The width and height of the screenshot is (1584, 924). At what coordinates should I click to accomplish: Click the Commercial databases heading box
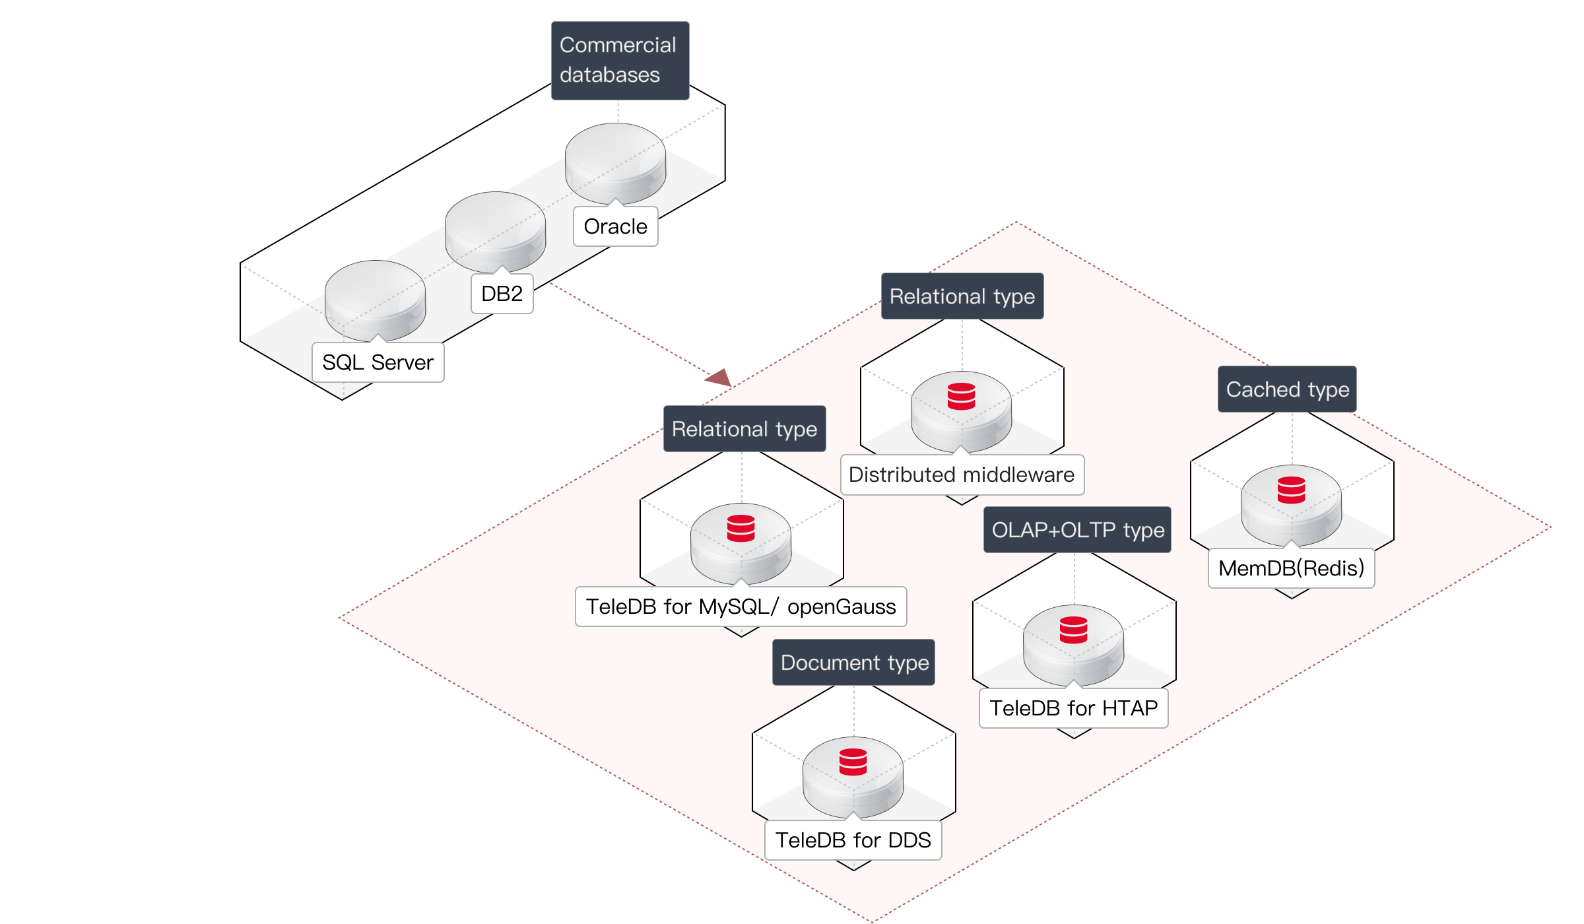click(x=620, y=60)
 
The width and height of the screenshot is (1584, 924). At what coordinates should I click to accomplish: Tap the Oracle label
click(x=615, y=226)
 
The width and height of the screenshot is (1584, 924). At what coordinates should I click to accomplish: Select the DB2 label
click(x=502, y=294)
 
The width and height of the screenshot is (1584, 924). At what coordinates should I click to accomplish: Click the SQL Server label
click(x=378, y=362)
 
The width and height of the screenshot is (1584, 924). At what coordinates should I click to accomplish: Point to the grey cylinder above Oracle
click(x=615, y=162)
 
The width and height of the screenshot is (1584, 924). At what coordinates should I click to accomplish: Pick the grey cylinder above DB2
click(x=495, y=230)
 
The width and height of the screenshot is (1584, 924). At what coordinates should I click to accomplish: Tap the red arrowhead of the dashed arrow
click(x=719, y=378)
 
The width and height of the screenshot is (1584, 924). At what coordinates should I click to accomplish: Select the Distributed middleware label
click(x=962, y=475)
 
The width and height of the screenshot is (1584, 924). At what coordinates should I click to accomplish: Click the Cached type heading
click(x=1287, y=389)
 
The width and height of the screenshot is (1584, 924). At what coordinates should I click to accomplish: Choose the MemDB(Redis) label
click(x=1291, y=568)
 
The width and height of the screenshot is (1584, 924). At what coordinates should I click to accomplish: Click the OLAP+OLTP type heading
click(x=1077, y=530)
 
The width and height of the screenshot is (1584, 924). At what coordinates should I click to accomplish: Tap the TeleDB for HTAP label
click(x=1073, y=708)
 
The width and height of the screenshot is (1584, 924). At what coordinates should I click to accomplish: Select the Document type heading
click(x=854, y=663)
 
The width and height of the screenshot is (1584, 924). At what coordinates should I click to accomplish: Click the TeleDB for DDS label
click(x=853, y=840)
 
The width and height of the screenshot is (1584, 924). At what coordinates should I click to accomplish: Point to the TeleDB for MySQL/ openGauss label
click(x=741, y=607)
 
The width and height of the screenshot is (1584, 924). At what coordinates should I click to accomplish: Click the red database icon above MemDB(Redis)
click(x=1291, y=490)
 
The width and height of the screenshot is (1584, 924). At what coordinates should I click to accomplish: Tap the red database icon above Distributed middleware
click(x=961, y=396)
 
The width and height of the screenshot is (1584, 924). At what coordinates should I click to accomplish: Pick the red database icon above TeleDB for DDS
click(x=853, y=762)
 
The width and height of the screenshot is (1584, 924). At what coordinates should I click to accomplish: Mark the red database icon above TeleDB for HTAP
click(x=1073, y=630)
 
